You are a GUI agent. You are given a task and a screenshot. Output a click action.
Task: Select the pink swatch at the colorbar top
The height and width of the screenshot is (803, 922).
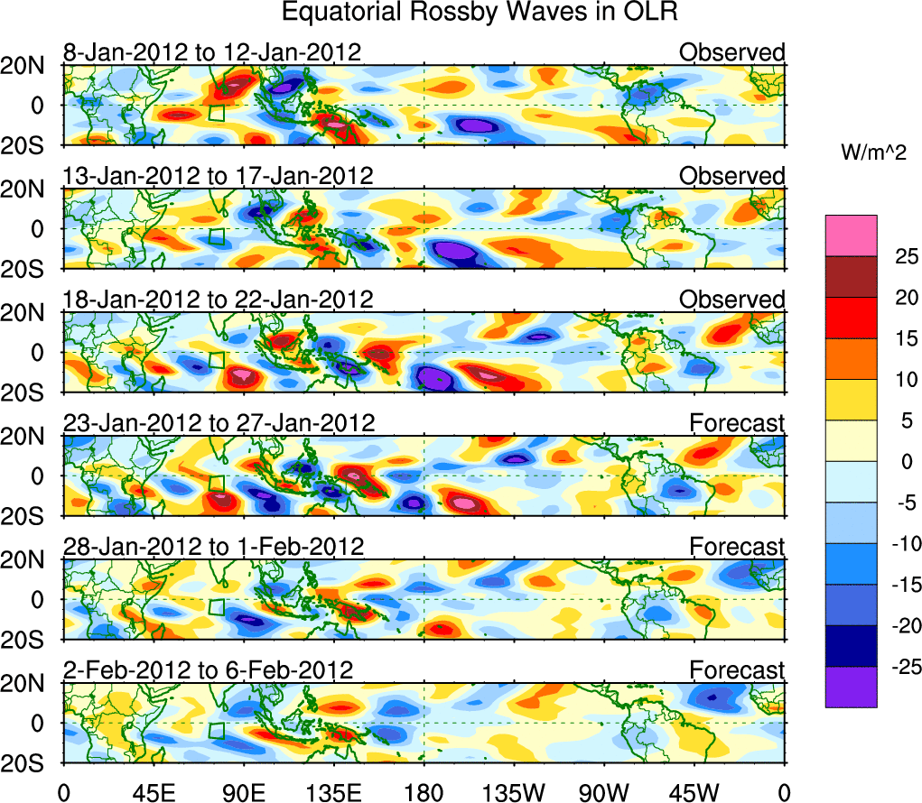tap(851, 235)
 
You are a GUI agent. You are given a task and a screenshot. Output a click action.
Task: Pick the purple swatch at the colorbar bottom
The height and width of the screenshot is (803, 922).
tap(851, 687)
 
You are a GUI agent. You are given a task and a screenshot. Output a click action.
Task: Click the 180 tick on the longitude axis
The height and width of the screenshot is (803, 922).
tap(424, 791)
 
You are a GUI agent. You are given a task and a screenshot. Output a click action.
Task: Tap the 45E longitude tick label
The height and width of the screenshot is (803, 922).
tap(153, 791)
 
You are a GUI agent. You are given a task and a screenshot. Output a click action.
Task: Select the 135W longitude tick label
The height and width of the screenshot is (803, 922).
tap(514, 791)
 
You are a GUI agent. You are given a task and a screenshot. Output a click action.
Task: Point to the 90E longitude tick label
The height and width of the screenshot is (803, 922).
tap(243, 791)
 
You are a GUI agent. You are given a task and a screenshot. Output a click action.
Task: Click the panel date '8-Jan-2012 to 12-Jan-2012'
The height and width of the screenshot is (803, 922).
tap(212, 52)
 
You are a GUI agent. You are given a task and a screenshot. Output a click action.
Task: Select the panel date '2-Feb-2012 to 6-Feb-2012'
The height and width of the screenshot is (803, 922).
tap(208, 669)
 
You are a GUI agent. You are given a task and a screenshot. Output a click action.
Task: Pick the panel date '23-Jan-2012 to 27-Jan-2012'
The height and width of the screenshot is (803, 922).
tap(218, 422)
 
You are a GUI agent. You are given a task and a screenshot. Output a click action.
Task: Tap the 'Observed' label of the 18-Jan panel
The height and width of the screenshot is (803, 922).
tap(731, 300)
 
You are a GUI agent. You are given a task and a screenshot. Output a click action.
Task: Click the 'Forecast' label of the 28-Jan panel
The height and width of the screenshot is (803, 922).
tap(737, 546)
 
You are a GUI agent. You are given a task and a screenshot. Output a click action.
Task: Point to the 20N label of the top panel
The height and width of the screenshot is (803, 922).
tap(29, 66)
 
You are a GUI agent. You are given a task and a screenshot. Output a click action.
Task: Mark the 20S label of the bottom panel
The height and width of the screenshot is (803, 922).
tap(29, 763)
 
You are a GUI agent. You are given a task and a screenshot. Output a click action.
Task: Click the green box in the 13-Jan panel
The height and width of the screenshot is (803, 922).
tap(216, 236)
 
